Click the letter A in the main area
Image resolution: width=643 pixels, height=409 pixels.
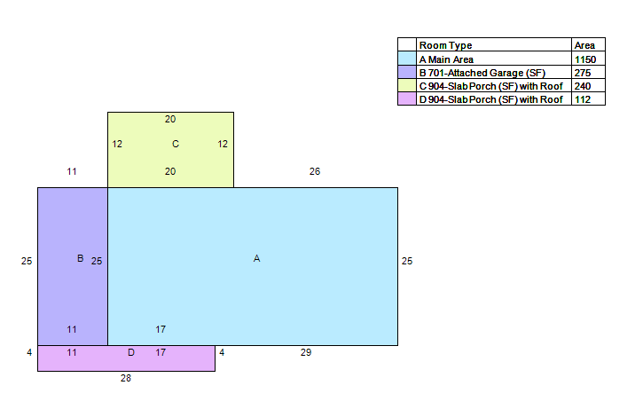256,258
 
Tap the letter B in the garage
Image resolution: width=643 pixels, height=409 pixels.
81,258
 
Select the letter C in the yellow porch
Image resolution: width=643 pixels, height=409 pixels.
176,144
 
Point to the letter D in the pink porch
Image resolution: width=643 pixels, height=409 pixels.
131,352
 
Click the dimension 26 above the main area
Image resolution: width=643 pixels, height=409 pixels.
315,171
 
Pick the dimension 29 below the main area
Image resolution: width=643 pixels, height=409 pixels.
306,352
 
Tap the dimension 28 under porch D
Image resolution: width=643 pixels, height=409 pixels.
126,378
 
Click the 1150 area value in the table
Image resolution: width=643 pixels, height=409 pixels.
585,59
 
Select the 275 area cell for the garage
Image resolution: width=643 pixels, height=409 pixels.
583,73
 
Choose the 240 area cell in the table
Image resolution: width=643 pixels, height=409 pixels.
583,86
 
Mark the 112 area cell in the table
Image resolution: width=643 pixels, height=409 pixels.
583,99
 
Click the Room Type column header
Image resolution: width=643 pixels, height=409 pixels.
446,45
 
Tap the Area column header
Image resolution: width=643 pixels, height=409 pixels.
584,45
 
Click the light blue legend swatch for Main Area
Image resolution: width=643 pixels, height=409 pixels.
407,59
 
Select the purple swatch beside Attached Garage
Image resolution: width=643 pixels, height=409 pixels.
407,72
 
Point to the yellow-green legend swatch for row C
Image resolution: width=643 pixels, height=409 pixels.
407,85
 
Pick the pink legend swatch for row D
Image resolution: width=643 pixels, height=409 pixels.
407,98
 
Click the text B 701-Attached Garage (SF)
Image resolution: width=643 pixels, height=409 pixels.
482,73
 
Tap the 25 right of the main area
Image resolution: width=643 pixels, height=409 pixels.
407,261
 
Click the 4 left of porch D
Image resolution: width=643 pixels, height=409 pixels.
29,352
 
